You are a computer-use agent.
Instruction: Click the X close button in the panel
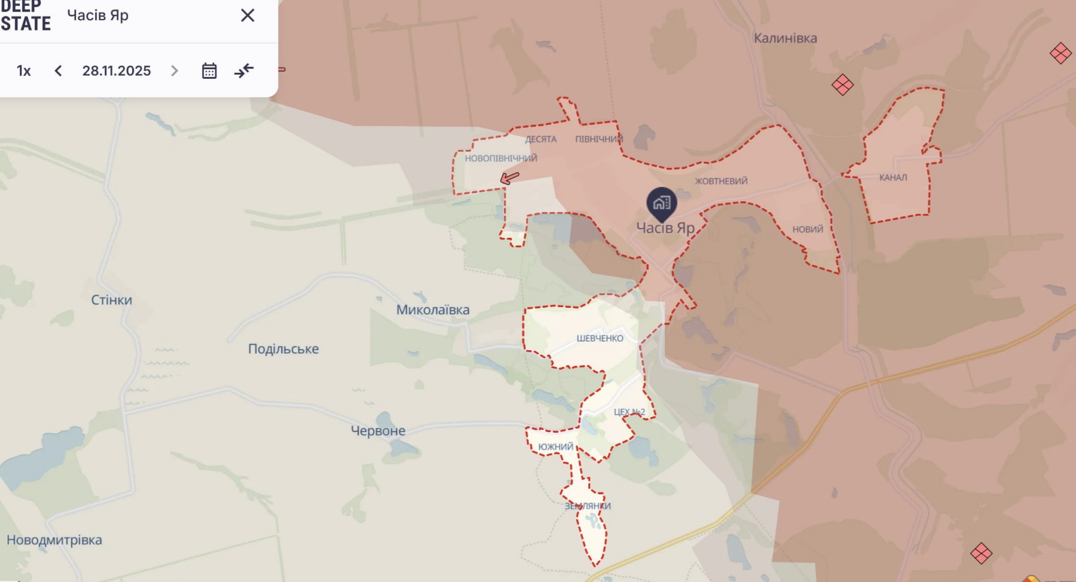click(247, 16)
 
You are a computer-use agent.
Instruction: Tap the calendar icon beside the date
click(209, 71)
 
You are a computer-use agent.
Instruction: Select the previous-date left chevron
click(58, 71)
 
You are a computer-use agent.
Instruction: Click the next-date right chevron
click(175, 71)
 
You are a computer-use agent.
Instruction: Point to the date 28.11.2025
click(117, 71)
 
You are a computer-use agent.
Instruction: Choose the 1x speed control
click(24, 71)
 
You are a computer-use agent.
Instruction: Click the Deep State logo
click(25, 16)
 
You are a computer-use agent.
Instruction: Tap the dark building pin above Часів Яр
click(661, 203)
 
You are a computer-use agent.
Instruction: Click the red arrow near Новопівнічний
click(509, 177)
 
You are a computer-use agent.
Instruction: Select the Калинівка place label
click(785, 38)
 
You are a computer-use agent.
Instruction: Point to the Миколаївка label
click(433, 310)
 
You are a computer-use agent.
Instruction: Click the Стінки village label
click(111, 300)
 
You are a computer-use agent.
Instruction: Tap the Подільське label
click(283, 349)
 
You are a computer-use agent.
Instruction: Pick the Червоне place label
click(378, 431)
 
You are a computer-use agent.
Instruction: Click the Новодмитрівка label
click(54, 540)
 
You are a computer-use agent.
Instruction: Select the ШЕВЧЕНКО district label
click(600, 338)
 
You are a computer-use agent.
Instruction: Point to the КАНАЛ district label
click(893, 177)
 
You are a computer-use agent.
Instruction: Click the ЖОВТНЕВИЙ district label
click(721, 181)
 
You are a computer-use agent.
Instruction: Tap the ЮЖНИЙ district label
click(555, 447)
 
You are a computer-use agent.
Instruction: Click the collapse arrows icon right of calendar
click(244, 71)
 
